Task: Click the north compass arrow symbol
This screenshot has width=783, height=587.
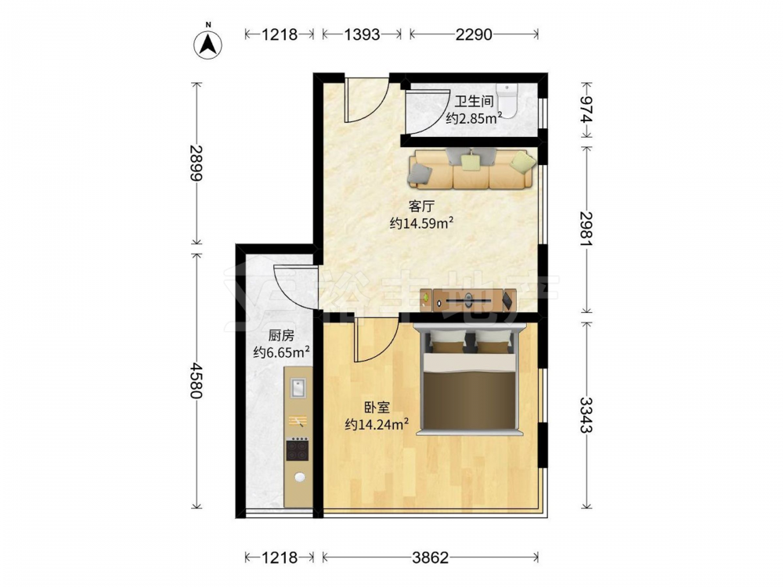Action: tap(207, 45)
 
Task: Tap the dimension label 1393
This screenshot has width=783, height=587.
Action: tap(362, 34)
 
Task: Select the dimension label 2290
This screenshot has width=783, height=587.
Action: tap(474, 34)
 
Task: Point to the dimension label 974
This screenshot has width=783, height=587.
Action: tap(586, 110)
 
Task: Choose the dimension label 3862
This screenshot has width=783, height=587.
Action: tap(431, 557)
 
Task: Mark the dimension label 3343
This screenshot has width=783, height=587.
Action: tap(586, 416)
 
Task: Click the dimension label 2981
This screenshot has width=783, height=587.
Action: tap(586, 229)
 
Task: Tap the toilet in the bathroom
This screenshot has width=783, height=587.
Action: tap(509, 100)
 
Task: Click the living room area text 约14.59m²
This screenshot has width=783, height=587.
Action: tap(421, 222)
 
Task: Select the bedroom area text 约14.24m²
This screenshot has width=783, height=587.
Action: tap(377, 424)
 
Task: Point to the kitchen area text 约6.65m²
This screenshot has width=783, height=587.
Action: tap(282, 352)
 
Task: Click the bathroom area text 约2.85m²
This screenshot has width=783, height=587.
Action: tap(474, 118)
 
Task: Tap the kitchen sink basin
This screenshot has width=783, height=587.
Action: tap(298, 388)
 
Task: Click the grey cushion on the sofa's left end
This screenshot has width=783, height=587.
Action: tap(420, 175)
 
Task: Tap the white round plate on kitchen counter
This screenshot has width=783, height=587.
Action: tap(300, 477)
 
